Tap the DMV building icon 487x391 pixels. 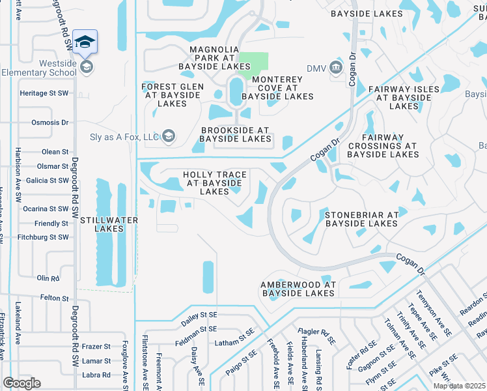click(x=336, y=67)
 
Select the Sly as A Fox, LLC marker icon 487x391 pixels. click(x=169, y=136)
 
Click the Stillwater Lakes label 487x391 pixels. click(x=109, y=224)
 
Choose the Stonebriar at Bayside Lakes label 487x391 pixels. click(x=361, y=219)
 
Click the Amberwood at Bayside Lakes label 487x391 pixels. click(x=298, y=289)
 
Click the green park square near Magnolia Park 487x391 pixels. click(x=253, y=63)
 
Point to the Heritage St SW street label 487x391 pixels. click(x=43, y=94)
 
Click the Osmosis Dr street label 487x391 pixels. click(x=50, y=123)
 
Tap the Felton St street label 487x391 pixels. click(x=54, y=298)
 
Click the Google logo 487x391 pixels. click(x=21, y=383)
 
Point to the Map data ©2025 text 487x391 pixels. click(x=459, y=386)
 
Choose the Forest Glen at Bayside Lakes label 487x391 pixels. click(x=173, y=94)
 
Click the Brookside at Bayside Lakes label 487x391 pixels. click(x=235, y=134)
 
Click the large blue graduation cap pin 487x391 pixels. click(x=85, y=42)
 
